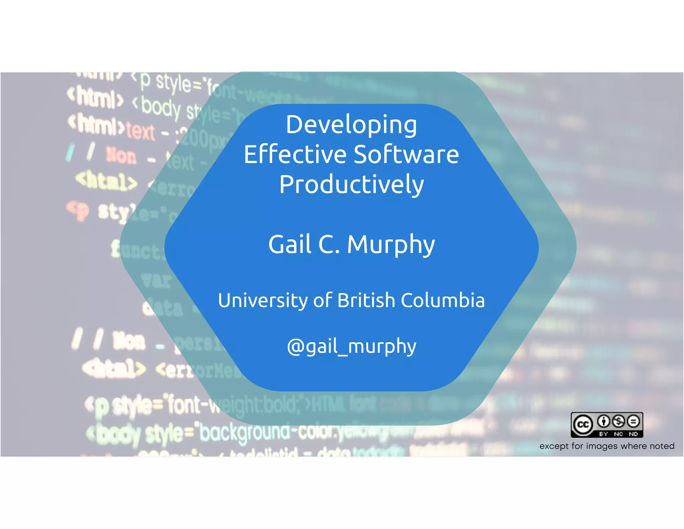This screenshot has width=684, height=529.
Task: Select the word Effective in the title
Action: pos(295,154)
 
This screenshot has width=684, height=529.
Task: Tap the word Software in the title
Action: pos(406,154)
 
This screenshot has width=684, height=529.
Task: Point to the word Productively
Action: pos(351,185)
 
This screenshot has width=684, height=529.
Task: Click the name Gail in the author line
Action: pos(290,244)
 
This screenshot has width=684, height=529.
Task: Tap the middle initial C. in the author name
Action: pos(329,244)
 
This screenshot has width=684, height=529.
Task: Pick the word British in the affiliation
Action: pos(366,300)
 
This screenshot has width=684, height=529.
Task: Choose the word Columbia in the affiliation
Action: pos(443,300)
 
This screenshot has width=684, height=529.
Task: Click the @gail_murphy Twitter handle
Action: pos(351,346)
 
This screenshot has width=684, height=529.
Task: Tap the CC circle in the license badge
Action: pos(583,425)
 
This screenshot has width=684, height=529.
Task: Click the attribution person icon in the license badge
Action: pos(604,421)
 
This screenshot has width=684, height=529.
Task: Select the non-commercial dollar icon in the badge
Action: pos(619,421)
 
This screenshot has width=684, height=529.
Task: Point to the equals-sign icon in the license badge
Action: pos(633,421)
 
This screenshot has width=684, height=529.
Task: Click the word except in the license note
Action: pos(554,446)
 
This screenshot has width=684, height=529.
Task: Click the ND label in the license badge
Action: pos(633,434)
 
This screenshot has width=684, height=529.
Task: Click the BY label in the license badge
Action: pos(604,434)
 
